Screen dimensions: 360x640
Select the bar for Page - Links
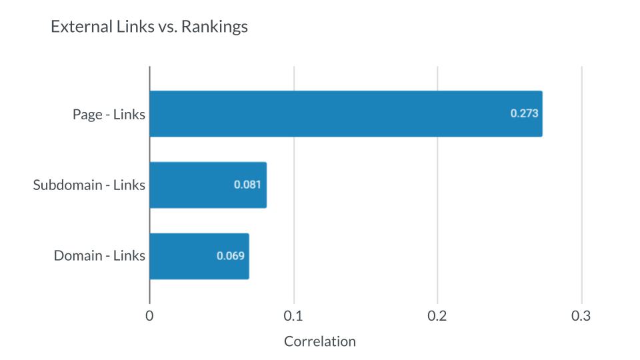coord(345,114)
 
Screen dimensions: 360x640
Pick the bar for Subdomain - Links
coord(207,185)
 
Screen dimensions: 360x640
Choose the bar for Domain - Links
coord(199,256)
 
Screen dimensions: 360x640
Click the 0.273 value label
coord(524,113)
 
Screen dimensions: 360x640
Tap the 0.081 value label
coord(247,185)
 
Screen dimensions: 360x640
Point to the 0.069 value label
coord(231,256)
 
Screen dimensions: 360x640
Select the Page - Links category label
coord(109,114)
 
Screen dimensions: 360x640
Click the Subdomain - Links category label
coord(89,185)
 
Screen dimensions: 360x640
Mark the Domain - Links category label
coord(99,256)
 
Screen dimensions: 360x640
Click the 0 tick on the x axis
coord(149,316)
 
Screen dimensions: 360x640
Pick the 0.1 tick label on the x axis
coord(293,316)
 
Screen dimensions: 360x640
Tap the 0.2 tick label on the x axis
coord(437,316)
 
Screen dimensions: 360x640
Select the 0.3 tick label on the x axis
coord(581,316)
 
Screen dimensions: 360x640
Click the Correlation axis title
coord(320,341)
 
